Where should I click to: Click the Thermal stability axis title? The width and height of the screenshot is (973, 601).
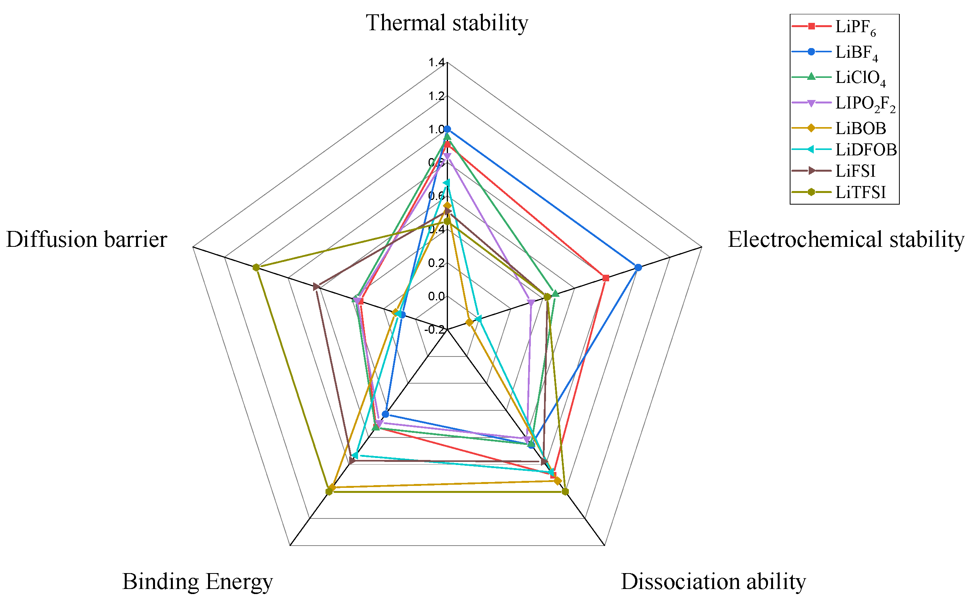447,23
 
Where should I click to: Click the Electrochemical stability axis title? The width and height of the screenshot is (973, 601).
846,240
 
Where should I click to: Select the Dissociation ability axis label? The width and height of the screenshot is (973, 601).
713,582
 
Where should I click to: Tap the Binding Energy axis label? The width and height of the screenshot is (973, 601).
198,582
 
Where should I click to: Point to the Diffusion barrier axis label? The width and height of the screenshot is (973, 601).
87,240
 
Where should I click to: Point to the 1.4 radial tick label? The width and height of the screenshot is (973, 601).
436,62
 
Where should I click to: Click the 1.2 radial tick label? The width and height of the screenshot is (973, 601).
436,96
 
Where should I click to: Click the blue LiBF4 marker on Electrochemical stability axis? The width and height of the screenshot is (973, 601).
638,267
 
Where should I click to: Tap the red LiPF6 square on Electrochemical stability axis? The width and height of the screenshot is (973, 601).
605,278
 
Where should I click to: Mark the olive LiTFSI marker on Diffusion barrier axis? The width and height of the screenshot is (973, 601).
257,267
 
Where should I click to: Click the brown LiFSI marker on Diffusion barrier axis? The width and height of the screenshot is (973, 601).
316,287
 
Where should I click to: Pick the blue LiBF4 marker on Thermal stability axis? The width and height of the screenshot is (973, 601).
447,129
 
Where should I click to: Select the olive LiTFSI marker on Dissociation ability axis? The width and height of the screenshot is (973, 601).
565,492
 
